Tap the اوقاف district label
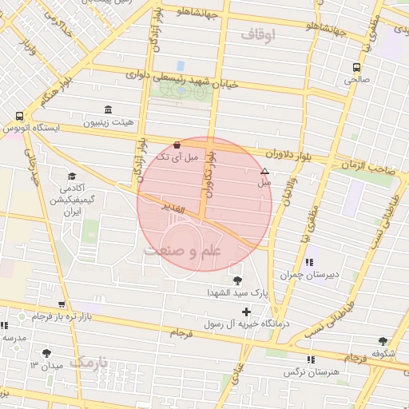coord(256,34)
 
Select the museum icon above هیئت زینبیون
coord(108,110)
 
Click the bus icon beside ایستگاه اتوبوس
coord(18,116)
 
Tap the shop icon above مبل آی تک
coord(177,144)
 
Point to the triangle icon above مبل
coord(264,171)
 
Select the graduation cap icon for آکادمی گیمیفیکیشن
coord(72,176)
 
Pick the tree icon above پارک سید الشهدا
coord(237,280)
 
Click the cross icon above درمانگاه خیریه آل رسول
coord(246,311)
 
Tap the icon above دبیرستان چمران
coord(309,262)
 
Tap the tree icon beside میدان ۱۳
coord(46,352)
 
